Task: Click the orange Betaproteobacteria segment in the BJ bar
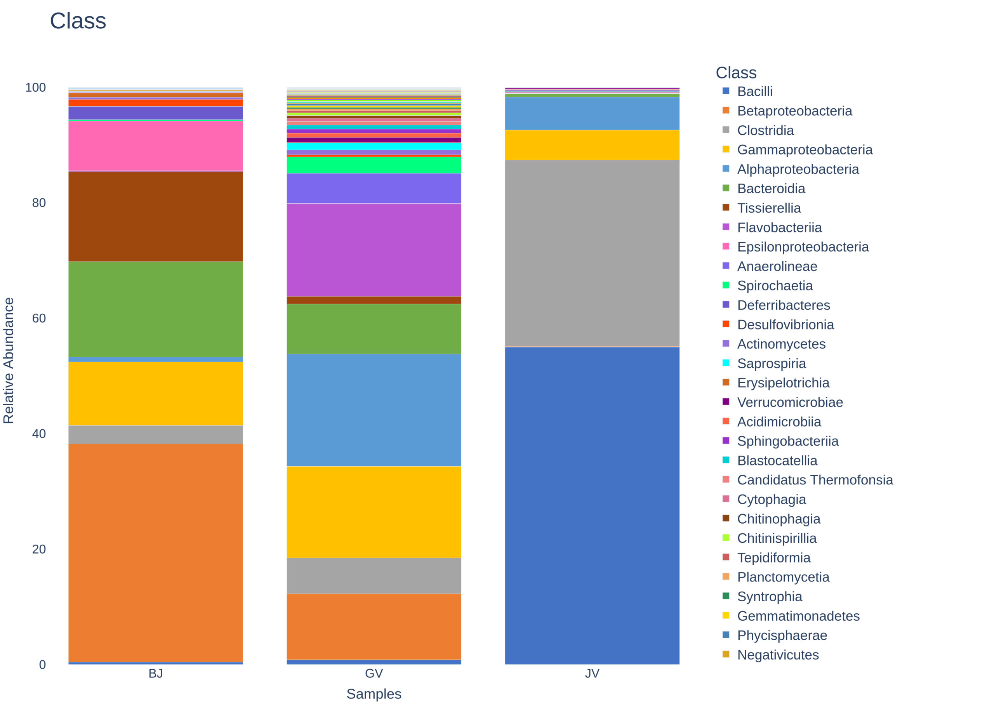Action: (155, 553)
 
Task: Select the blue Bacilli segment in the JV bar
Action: (592, 505)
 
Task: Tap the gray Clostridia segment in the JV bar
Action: (592, 253)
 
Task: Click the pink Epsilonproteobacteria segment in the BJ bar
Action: (155, 146)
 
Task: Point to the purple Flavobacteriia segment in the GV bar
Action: (374, 250)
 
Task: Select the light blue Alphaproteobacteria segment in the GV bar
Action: (374, 410)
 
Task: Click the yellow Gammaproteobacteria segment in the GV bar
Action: (374, 512)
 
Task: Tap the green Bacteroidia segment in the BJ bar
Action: (155, 309)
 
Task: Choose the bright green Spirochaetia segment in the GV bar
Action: (374, 165)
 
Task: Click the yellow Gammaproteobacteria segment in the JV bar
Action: (592, 145)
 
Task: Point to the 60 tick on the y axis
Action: (39, 318)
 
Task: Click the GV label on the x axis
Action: (374, 673)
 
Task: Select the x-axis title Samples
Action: (374, 694)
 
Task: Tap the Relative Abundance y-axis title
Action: (9, 361)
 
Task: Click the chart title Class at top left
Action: (78, 21)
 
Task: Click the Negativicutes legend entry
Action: (770, 654)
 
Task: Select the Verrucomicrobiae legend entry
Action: (782, 402)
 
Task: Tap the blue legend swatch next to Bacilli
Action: (726, 91)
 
